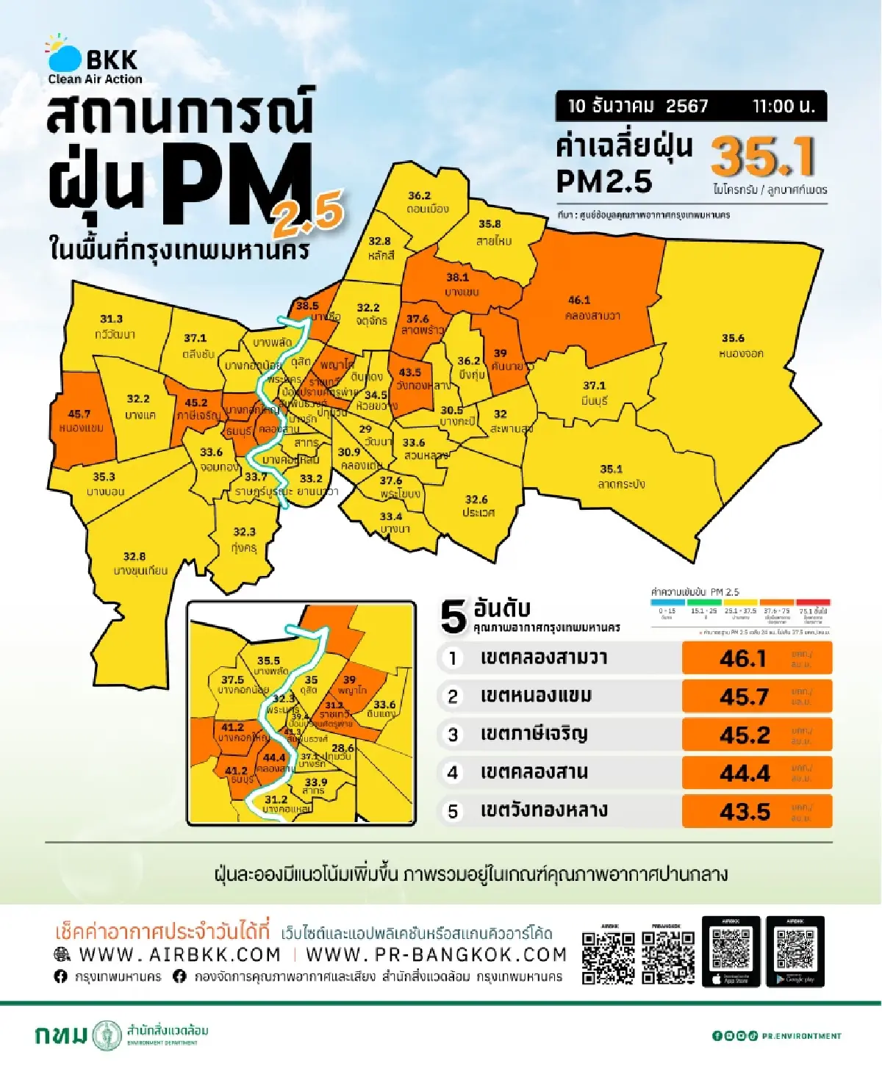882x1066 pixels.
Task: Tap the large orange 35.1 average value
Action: coord(763,156)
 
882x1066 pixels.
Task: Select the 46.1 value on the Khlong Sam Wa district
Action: coord(579,300)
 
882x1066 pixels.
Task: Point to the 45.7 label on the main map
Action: coord(79,414)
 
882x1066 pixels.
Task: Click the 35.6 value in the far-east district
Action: coord(733,338)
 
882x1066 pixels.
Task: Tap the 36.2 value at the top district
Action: coord(419,195)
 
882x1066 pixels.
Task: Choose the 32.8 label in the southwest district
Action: coord(135,556)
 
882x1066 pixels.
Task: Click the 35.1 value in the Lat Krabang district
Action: coord(611,469)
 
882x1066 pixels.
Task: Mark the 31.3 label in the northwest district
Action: coord(111,319)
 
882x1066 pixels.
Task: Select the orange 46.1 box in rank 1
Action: coord(756,658)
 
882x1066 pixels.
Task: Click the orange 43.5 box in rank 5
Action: coord(756,812)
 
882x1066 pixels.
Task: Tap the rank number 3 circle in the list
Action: coord(453,735)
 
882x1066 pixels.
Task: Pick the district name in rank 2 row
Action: coord(535,696)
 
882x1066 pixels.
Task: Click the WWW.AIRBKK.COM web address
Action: coord(179,954)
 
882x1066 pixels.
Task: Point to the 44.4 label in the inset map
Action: coord(273,757)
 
